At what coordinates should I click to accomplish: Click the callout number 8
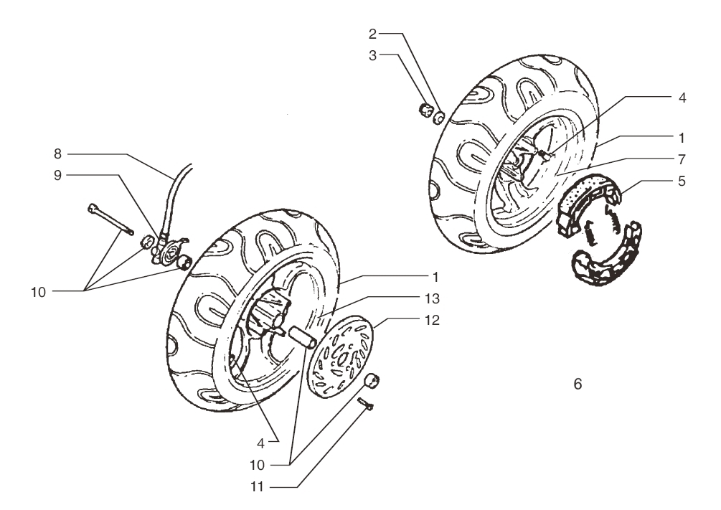coord(57,154)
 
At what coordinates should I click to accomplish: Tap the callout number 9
coord(57,175)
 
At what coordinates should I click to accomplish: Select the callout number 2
coord(372,34)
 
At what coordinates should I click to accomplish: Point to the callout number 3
coord(372,55)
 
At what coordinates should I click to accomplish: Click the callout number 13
coord(432,298)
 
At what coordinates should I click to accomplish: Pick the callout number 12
coord(432,320)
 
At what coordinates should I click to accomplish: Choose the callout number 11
coord(257,486)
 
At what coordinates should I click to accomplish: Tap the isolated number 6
coord(578,384)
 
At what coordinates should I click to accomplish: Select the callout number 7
coord(682,159)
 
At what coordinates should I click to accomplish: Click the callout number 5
coord(682,181)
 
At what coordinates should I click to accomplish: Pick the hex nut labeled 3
coord(426,111)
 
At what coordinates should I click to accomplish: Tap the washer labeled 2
coord(439,117)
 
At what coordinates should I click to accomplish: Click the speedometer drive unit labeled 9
coord(167,249)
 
